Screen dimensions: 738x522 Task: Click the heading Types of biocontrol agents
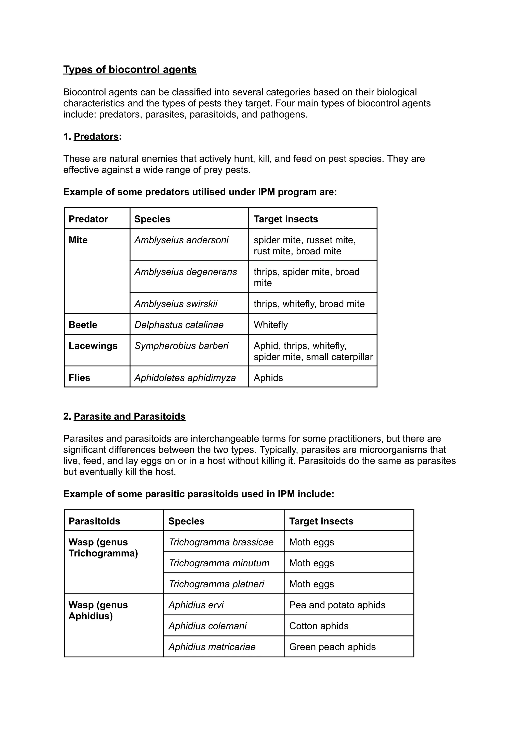pos(130,69)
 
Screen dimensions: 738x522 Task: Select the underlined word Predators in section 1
pos(96,136)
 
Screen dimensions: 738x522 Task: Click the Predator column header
pos(88,219)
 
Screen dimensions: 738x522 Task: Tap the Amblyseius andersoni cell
pos(181,240)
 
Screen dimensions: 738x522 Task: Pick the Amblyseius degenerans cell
pos(186,272)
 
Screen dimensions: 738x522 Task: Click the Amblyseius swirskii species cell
pos(176,304)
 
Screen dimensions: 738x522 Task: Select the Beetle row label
pos(83,324)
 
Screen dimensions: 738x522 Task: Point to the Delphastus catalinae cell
pos(179,324)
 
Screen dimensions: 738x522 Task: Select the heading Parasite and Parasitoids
pos(129,416)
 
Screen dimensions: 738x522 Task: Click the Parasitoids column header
pos(94,521)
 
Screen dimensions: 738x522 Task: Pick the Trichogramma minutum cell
pos(219,563)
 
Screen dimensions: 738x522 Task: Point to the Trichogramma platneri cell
pos(216,584)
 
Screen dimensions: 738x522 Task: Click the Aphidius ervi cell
pos(196,605)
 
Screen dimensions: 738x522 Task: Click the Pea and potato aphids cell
pos(337,605)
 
